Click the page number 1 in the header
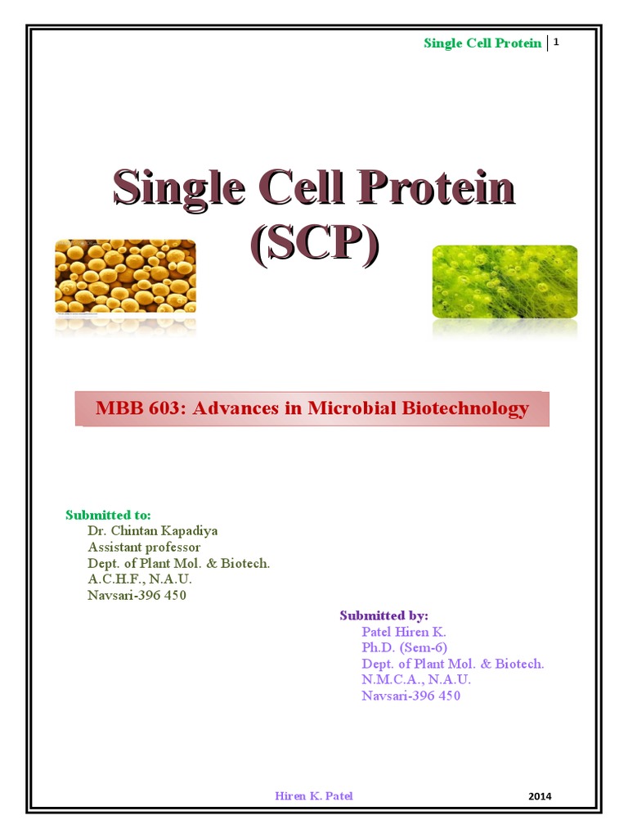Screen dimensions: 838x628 tap(557, 42)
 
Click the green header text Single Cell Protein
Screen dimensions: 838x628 tap(482, 43)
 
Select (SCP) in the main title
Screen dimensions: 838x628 tap(314, 243)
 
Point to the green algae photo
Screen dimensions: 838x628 tap(505, 282)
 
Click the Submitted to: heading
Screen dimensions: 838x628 tap(108, 515)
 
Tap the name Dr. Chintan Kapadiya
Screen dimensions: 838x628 tap(152, 530)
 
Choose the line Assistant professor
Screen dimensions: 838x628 tap(144, 547)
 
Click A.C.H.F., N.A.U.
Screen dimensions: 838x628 tap(139, 579)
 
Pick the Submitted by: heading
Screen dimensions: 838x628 tap(384, 615)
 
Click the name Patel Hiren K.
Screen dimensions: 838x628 tap(404, 632)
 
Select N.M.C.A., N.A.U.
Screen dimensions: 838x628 tap(416, 680)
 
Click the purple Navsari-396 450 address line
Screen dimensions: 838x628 tap(411, 696)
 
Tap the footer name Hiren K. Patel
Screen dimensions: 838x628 tap(314, 795)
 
